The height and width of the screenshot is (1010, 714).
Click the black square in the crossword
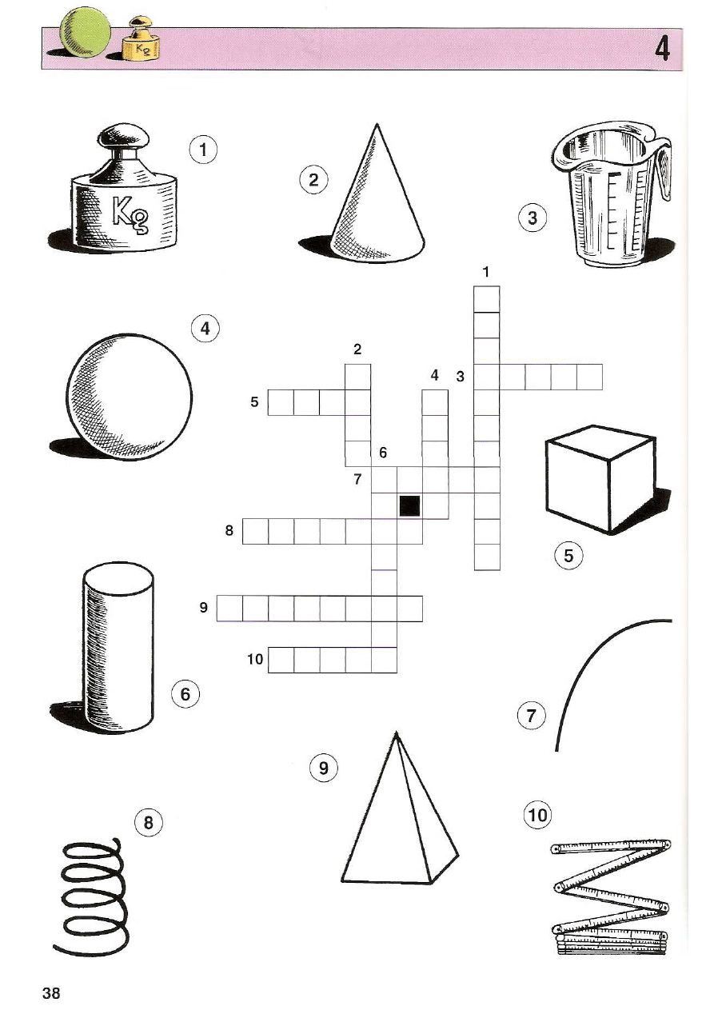point(409,505)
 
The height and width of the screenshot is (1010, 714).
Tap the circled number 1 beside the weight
point(203,150)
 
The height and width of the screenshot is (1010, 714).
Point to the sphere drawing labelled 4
point(129,397)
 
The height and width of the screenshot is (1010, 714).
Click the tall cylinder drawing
point(118,647)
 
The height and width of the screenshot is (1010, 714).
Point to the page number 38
point(51,992)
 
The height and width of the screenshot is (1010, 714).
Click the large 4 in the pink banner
point(662,49)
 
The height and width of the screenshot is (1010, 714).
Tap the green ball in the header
point(85,34)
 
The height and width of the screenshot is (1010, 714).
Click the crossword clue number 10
point(255,659)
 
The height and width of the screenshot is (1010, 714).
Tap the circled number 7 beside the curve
point(531,715)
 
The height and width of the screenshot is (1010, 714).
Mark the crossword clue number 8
point(229,531)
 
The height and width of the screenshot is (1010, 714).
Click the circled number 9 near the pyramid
point(324,768)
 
